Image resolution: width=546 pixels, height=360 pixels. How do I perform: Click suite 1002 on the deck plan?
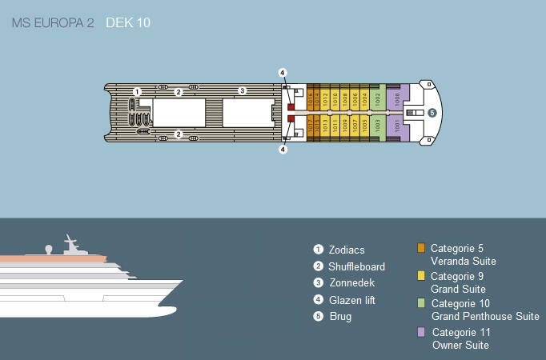coord(378,99)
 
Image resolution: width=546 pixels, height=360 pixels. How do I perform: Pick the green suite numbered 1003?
coord(378,126)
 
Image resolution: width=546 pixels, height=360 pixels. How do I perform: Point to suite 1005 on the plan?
coord(365,126)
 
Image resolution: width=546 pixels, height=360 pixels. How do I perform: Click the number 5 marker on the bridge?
coord(432,113)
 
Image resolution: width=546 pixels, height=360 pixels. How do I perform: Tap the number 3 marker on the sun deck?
coord(243,90)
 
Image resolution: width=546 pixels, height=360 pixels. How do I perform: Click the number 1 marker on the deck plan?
coord(138,92)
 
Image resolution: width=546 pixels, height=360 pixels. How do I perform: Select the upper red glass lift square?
coord(292,106)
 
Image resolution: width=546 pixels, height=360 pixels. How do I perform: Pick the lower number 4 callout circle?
coord(283,149)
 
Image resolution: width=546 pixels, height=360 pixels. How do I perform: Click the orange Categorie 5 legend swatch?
coord(422,248)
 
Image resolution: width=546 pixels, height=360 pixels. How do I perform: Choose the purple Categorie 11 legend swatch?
coord(422,332)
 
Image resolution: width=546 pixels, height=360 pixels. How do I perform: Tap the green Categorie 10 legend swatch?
coord(422,304)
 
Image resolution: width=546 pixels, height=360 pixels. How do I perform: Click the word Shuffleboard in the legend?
coord(356,266)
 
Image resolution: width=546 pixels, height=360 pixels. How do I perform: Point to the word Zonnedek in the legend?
coord(351,283)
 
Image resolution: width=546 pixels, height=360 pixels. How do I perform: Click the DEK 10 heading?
coord(128,22)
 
